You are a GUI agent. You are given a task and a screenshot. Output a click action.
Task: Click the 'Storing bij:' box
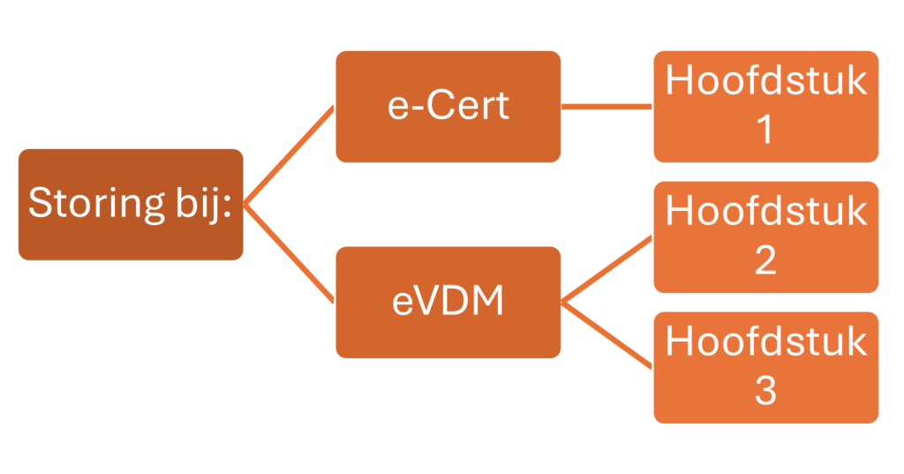click(x=131, y=205)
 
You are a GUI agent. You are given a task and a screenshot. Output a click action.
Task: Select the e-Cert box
click(x=448, y=107)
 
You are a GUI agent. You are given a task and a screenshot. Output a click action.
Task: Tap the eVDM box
click(x=448, y=303)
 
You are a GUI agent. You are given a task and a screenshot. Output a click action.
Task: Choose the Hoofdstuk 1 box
click(x=765, y=107)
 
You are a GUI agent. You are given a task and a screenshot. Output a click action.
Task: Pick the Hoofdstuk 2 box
click(x=765, y=237)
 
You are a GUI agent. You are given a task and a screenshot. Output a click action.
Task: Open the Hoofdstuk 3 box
click(x=765, y=368)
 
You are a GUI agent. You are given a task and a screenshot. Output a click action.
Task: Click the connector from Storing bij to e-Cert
click(x=290, y=155)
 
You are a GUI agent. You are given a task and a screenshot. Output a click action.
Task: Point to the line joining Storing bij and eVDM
click(x=290, y=253)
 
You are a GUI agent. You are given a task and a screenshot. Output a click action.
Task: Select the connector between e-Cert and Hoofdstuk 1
click(x=607, y=107)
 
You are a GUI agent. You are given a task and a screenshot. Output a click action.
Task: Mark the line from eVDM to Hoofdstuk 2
click(x=607, y=270)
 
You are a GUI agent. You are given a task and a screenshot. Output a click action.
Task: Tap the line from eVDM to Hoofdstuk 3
click(x=607, y=335)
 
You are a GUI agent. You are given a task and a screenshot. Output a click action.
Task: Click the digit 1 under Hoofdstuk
click(x=765, y=129)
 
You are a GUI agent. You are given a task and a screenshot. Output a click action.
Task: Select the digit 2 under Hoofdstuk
click(x=765, y=260)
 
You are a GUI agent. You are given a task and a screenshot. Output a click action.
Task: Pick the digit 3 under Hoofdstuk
click(x=765, y=390)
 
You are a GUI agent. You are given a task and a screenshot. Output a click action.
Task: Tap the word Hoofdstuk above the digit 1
click(x=766, y=80)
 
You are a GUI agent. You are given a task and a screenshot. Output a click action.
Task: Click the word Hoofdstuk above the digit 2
click(x=766, y=210)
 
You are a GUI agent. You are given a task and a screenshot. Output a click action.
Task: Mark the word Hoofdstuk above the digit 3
click(x=766, y=342)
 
